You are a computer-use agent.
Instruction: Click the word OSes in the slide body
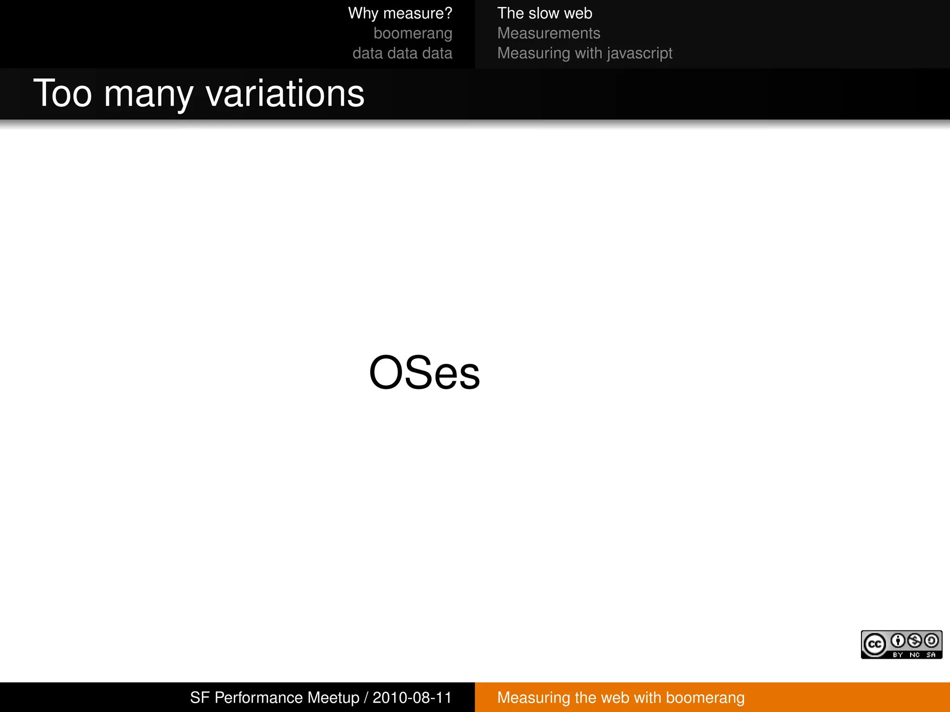424,373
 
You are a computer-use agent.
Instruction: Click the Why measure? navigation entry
400,13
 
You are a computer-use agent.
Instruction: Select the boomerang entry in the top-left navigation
412,33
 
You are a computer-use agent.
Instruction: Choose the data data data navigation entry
402,53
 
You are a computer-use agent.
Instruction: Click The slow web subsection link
545,13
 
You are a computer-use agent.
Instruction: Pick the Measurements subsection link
549,33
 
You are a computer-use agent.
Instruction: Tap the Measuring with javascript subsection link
584,53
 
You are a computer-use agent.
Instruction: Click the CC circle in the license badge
875,644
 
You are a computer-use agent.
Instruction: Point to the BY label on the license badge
898,655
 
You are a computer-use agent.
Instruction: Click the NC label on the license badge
915,655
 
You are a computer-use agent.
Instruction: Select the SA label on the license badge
931,655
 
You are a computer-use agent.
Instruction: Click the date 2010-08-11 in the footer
412,698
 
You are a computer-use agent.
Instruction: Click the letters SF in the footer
200,698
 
